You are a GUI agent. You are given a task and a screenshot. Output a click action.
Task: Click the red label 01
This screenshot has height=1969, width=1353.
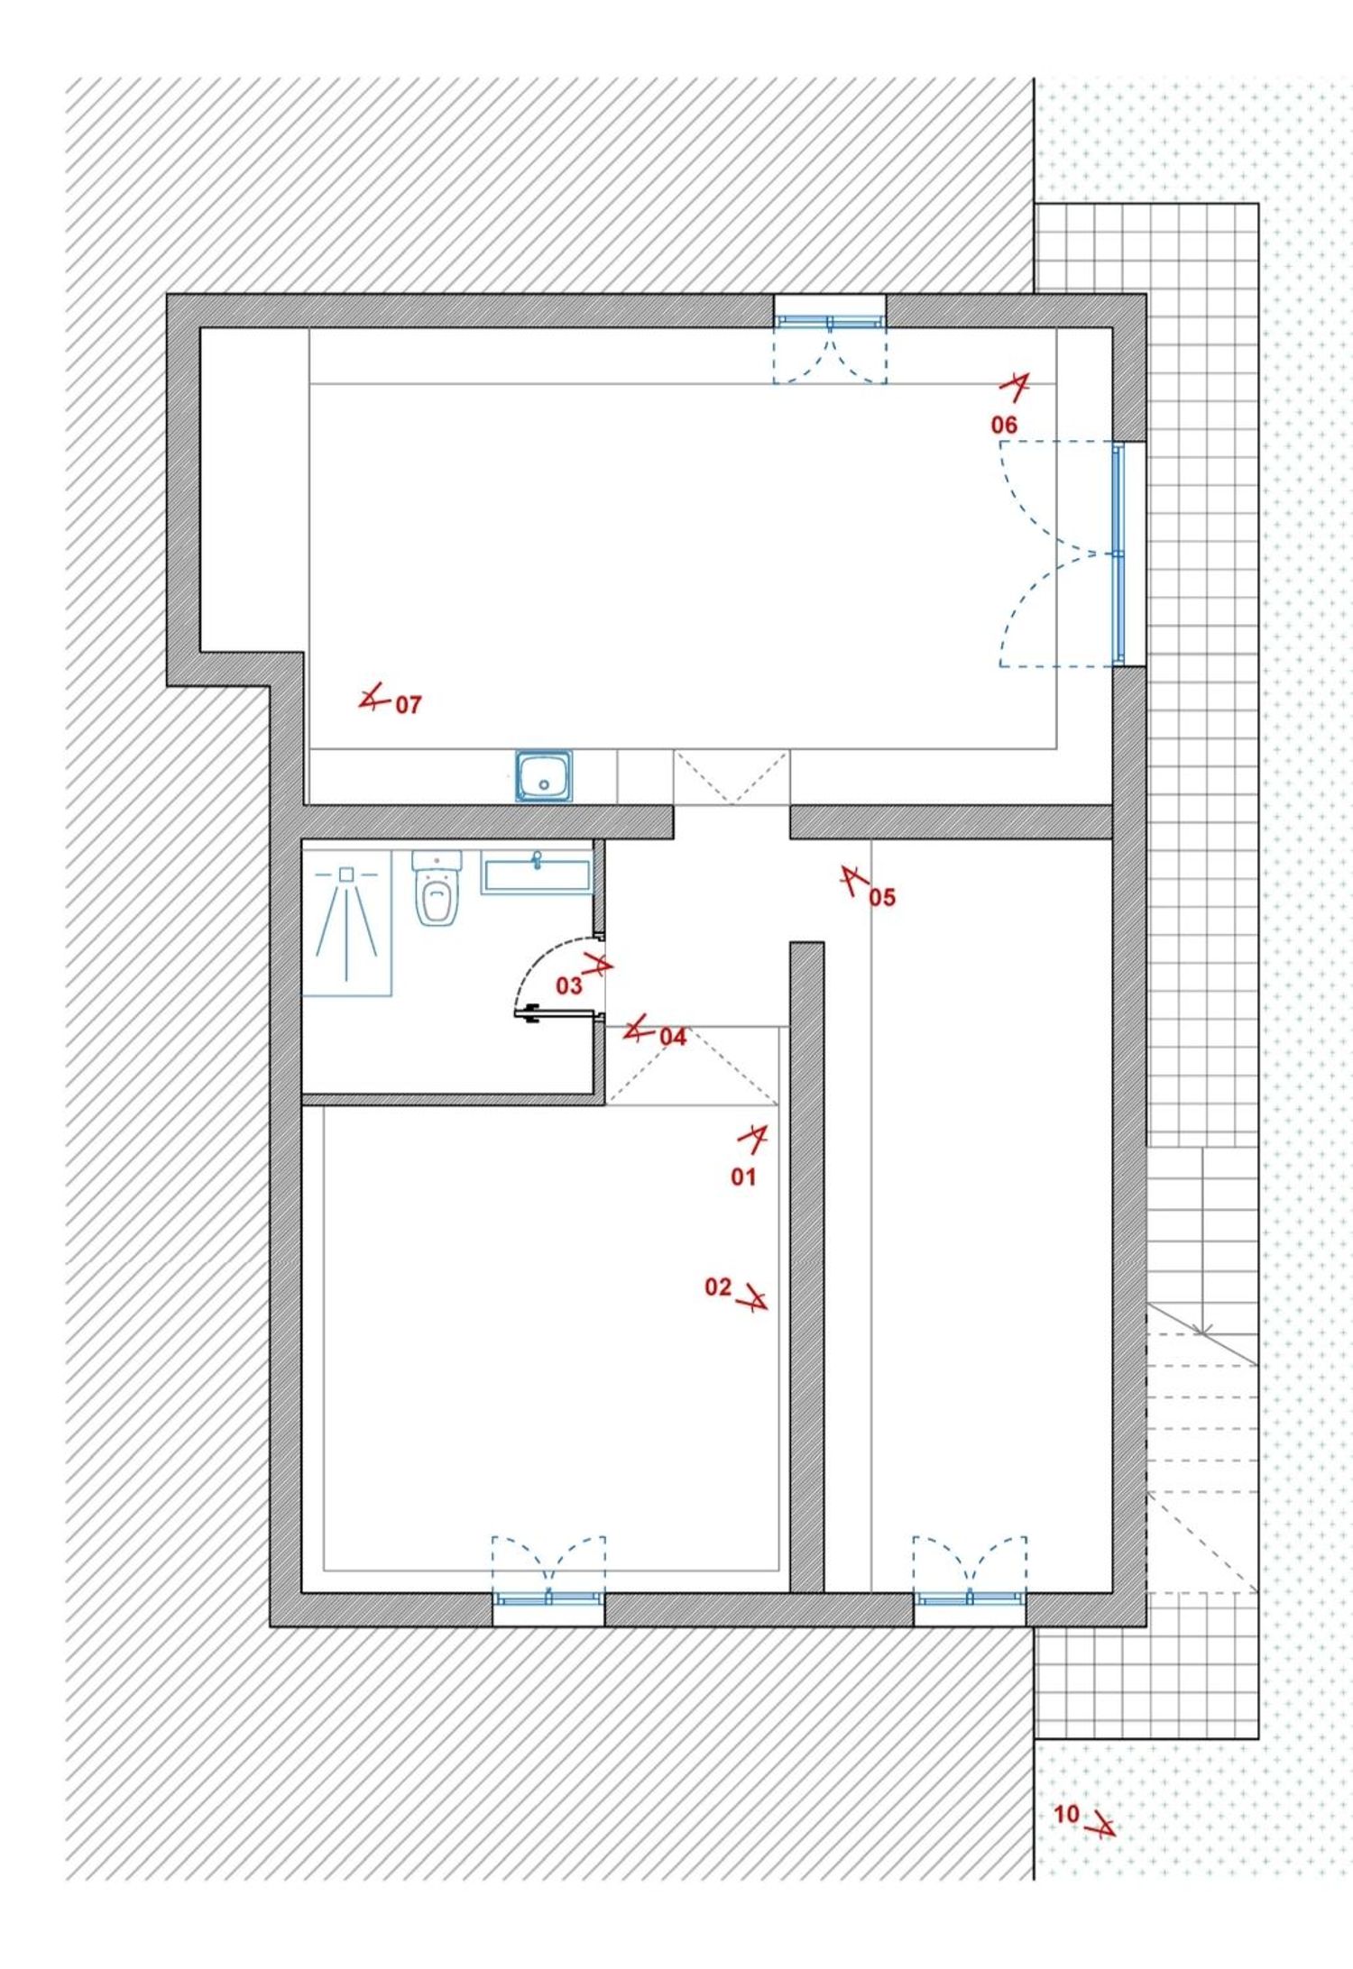point(743,1177)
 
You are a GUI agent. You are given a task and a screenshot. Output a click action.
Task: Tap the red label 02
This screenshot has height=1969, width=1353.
point(718,1287)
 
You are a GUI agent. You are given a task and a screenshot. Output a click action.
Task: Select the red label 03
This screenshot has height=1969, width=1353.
point(568,985)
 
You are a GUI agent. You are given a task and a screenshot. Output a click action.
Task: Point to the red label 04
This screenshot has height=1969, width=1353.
point(673,1037)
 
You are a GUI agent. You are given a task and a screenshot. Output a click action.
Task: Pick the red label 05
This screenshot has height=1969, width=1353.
point(882,897)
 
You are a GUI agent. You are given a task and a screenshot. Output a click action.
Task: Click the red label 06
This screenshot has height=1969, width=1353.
point(1004,425)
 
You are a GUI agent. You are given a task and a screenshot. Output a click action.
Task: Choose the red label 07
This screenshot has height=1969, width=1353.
point(409,705)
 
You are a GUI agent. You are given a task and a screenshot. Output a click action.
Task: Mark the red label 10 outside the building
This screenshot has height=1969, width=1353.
point(1067,1814)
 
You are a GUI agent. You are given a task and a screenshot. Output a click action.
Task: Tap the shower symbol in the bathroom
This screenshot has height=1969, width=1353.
point(346,923)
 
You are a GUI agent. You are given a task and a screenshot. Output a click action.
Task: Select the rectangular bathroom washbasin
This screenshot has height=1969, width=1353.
point(537,873)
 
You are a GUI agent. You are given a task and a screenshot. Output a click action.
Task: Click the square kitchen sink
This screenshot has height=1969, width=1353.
point(544,775)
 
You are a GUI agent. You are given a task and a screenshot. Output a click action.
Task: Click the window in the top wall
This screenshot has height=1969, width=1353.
point(830,320)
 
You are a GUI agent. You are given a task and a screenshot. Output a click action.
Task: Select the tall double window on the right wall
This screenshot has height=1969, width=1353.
point(1119,554)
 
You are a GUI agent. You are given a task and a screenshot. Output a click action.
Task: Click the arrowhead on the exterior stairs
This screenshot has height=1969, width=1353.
point(1202,1330)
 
